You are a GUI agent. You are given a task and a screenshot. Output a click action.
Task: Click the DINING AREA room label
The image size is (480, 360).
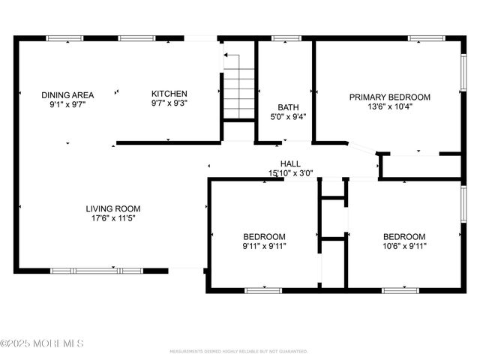coord(67,95)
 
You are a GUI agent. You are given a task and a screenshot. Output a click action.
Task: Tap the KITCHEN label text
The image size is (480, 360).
coord(169,94)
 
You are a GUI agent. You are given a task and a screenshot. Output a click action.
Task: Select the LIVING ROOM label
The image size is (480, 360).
coord(112,209)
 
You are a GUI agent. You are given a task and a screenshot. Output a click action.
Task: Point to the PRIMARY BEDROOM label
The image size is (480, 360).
coord(390,97)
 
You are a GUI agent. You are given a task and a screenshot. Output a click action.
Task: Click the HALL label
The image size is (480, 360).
coord(290,164)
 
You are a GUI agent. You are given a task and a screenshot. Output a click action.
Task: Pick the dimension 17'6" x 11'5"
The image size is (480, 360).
coord(112,219)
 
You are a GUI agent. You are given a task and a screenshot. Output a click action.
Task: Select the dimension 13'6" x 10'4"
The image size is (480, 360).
coord(390,106)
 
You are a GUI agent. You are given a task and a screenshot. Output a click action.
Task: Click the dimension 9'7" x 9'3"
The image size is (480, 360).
coord(169,103)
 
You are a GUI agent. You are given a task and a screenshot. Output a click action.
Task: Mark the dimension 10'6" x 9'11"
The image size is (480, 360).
coord(404,245)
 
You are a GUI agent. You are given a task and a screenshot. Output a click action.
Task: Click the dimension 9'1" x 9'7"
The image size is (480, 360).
coord(67,105)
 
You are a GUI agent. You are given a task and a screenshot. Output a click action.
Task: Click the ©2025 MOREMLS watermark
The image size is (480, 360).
coord(42,343)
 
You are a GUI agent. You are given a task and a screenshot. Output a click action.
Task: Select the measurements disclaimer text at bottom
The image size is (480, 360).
coord(238,351)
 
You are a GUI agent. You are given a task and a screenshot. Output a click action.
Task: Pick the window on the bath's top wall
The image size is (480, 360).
coord(286,37)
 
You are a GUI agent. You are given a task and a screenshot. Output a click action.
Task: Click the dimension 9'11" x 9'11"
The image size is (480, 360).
coord(264,245)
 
